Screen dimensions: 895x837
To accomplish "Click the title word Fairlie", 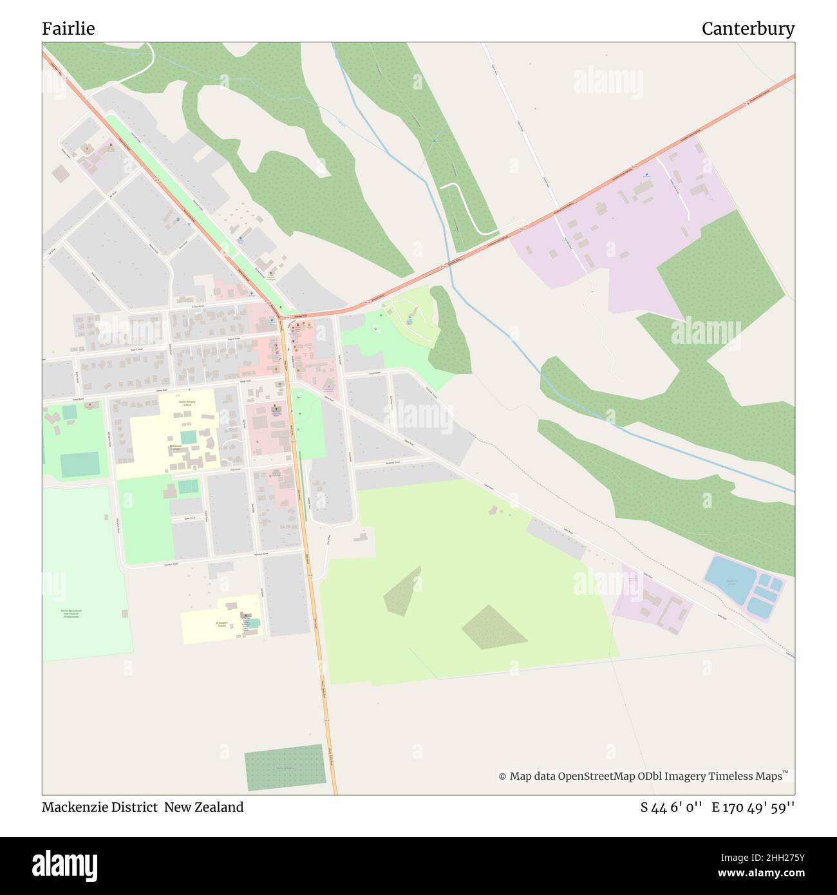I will [x=68, y=29].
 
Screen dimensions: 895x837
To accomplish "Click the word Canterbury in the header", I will [x=748, y=29].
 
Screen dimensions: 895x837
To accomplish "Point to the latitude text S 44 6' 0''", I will [x=671, y=807].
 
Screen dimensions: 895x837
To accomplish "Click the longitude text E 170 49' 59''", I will [x=753, y=807].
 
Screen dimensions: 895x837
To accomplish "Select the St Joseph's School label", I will [x=221, y=624].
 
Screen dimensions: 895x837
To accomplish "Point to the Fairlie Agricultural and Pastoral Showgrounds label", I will [x=75, y=613].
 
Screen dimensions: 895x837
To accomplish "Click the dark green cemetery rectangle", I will [x=284, y=768].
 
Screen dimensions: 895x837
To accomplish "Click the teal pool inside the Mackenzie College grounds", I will [x=188, y=437].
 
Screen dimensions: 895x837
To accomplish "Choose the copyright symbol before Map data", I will [x=502, y=777].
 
